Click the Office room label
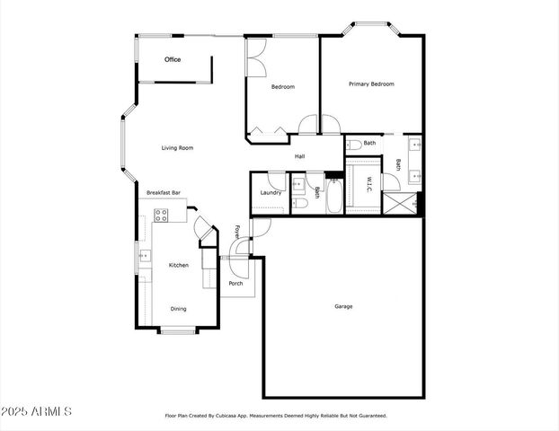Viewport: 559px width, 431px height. coord(173,59)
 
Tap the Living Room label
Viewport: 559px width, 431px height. coord(178,148)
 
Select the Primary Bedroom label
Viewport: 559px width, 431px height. coord(371,84)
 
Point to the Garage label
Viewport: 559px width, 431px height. coord(343,306)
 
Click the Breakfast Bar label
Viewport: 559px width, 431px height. coord(164,193)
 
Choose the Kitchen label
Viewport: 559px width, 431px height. coord(179,265)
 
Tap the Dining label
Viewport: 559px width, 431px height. coord(179,310)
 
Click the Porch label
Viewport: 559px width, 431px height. coord(235,284)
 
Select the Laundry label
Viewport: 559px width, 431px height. coord(271,193)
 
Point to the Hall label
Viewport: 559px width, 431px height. coord(299,157)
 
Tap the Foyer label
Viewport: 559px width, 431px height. coord(237,232)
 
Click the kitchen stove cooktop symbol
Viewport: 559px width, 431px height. coord(161,215)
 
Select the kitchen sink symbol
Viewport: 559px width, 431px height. coord(144,257)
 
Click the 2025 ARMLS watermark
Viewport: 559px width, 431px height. coord(37,412)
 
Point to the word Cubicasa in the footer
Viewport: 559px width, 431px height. coord(249,416)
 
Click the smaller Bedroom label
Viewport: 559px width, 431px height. coord(283,87)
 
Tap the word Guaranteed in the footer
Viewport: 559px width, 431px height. coord(369,416)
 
